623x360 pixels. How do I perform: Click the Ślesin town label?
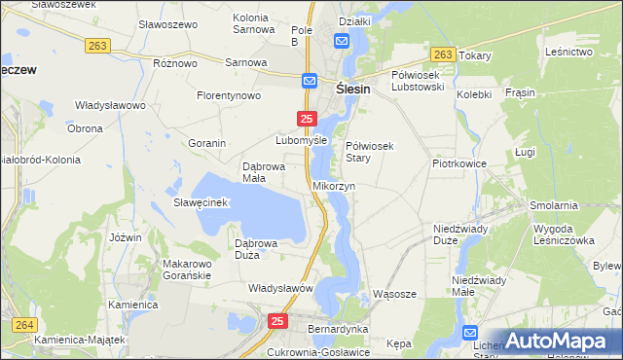point(357,87)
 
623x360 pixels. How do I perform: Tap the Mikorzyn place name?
point(334,185)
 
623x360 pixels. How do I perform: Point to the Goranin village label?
point(207,143)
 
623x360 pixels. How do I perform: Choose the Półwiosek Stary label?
point(369,151)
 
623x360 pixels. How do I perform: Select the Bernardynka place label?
point(336,330)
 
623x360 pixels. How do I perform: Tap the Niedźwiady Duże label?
point(459,234)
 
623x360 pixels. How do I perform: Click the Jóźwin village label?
point(127,237)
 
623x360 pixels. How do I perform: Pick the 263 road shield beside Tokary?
point(443,55)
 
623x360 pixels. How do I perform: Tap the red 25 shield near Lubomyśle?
point(306,119)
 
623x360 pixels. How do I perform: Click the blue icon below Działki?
point(342,41)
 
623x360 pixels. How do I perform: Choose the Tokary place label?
point(474,56)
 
